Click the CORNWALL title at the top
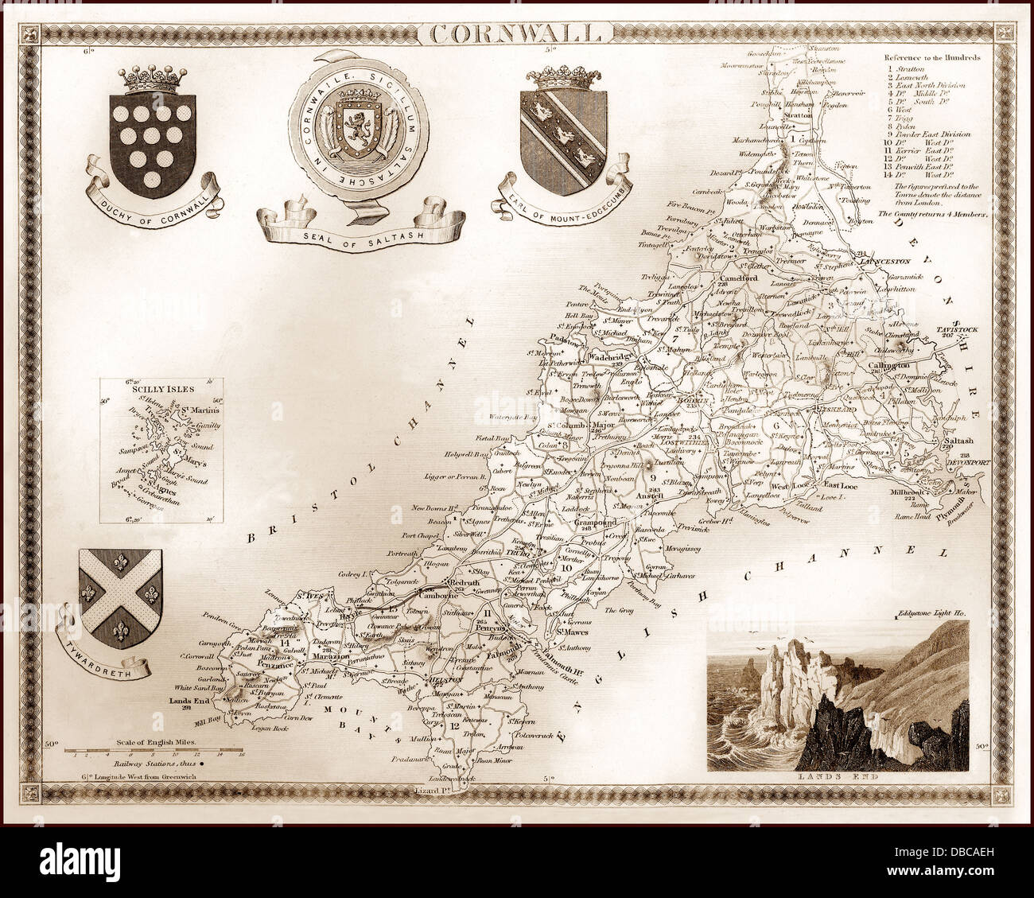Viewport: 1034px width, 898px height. coord(516,33)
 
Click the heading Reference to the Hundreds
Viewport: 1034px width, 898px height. coord(931,58)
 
